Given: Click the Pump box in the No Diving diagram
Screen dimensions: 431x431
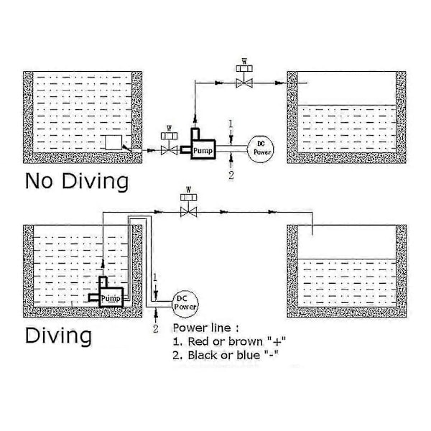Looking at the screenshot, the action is (203, 149).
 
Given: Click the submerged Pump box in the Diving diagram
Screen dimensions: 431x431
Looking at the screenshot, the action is (111, 297).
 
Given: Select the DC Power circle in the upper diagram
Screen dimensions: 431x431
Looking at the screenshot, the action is (261, 149).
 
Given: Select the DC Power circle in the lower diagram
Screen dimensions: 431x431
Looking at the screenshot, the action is (185, 304).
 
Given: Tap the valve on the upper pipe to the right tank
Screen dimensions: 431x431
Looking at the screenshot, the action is (244, 76).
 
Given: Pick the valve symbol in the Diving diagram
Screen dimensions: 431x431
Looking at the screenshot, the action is (188, 205).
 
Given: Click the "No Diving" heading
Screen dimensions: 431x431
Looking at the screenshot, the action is (77, 181).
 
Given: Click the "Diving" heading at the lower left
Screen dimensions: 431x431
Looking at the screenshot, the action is (58, 335).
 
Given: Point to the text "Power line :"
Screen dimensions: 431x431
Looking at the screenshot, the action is (206, 328).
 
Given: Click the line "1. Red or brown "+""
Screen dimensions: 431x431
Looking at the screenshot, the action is (229, 342).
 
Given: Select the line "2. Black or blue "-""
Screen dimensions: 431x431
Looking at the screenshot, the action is (226, 355).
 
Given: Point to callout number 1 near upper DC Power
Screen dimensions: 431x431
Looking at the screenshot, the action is (231, 124).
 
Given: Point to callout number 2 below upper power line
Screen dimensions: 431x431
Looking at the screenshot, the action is (231, 175).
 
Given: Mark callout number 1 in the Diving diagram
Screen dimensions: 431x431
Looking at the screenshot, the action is (155, 277).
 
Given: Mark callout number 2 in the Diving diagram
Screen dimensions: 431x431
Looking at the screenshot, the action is (156, 328).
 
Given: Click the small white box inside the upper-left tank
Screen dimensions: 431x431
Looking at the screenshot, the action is (113, 142).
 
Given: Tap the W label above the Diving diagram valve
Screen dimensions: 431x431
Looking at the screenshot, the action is (188, 190).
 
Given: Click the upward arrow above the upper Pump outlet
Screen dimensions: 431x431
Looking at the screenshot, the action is (195, 119).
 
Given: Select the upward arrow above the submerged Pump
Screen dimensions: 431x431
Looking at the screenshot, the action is (103, 263).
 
